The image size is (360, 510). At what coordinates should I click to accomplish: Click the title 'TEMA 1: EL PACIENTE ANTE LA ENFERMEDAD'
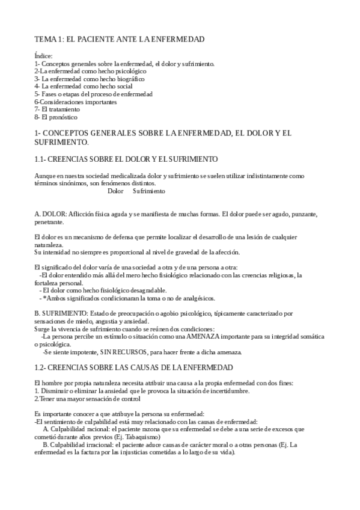click(120, 39)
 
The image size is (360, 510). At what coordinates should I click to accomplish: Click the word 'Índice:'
click(43, 56)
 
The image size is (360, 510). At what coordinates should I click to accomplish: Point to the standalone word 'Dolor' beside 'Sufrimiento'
click(115, 191)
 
